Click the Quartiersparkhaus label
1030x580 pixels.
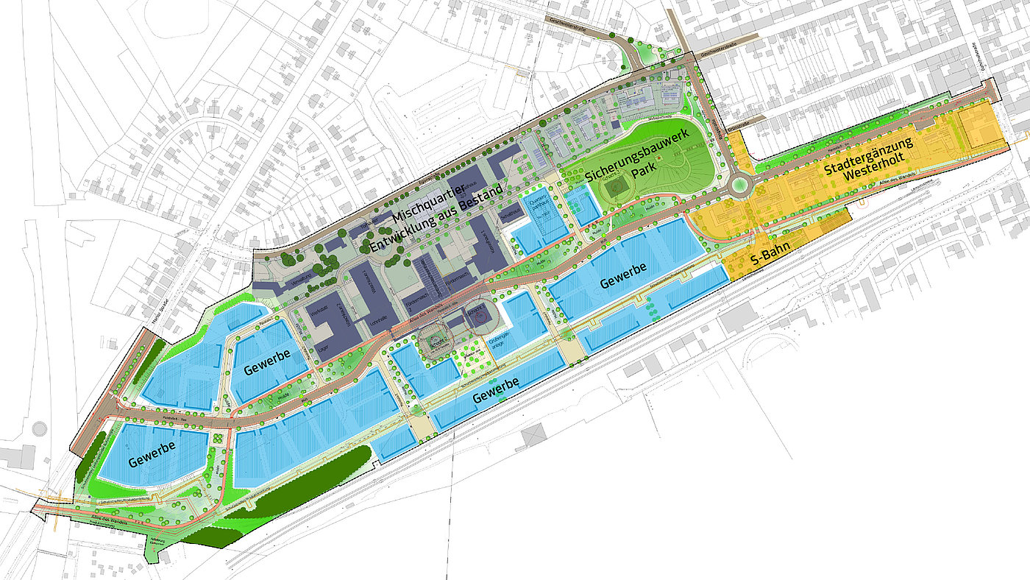(541, 207)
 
